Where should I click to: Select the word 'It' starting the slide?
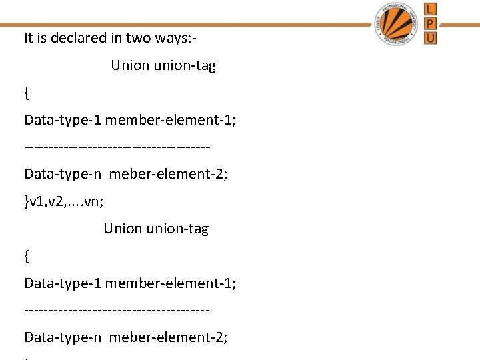28,38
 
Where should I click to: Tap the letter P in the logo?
431,23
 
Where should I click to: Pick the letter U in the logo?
431,38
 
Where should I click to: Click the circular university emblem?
397,23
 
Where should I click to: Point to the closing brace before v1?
27,201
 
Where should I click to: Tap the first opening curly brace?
27,93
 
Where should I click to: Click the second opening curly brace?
27,255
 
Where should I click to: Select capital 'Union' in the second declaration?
123,229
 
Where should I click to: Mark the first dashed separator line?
117,147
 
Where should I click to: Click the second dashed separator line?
117,310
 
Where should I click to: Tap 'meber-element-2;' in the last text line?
168,337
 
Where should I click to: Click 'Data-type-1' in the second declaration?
62,283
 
